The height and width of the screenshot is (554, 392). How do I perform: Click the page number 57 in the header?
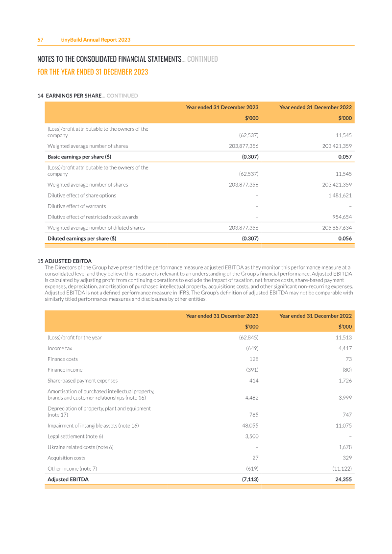point(41,40)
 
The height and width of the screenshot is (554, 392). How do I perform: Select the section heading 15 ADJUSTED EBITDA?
point(64,261)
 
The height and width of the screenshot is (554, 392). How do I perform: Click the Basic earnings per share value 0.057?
point(345,157)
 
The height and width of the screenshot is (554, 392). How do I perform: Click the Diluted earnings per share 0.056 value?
point(345,239)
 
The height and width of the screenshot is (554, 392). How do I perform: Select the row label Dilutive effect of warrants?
point(76,206)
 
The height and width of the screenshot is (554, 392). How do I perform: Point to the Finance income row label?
point(65,370)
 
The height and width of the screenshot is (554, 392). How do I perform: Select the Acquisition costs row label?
point(66,458)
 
